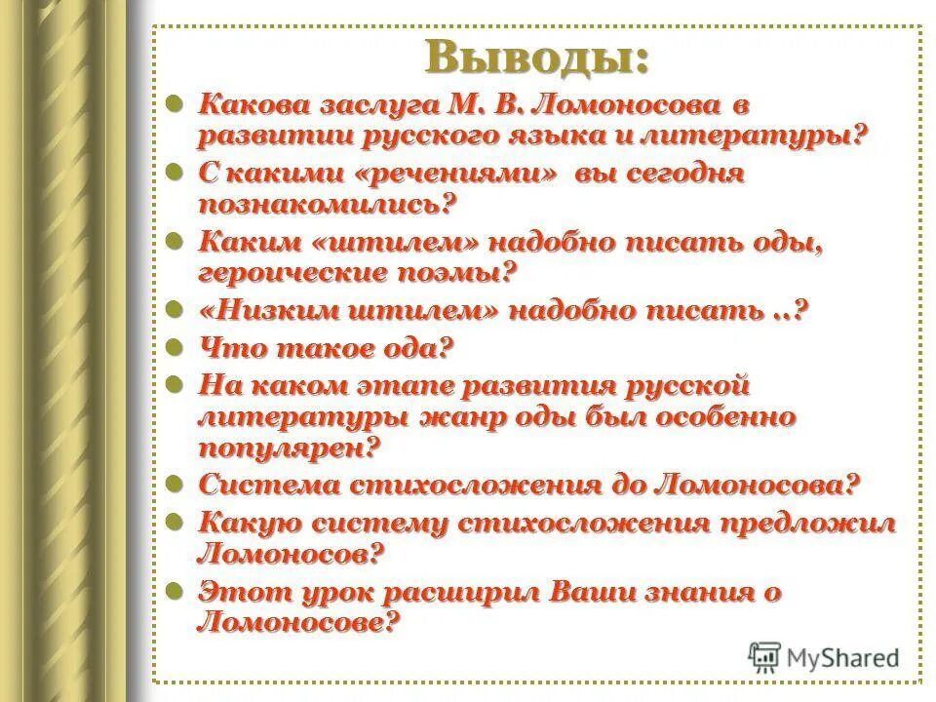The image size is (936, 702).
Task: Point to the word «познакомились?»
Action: [327, 204]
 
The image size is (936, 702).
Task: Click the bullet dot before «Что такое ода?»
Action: [176, 345]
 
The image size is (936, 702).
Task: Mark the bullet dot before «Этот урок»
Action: [176, 590]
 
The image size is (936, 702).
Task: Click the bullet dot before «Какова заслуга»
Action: [176, 101]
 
